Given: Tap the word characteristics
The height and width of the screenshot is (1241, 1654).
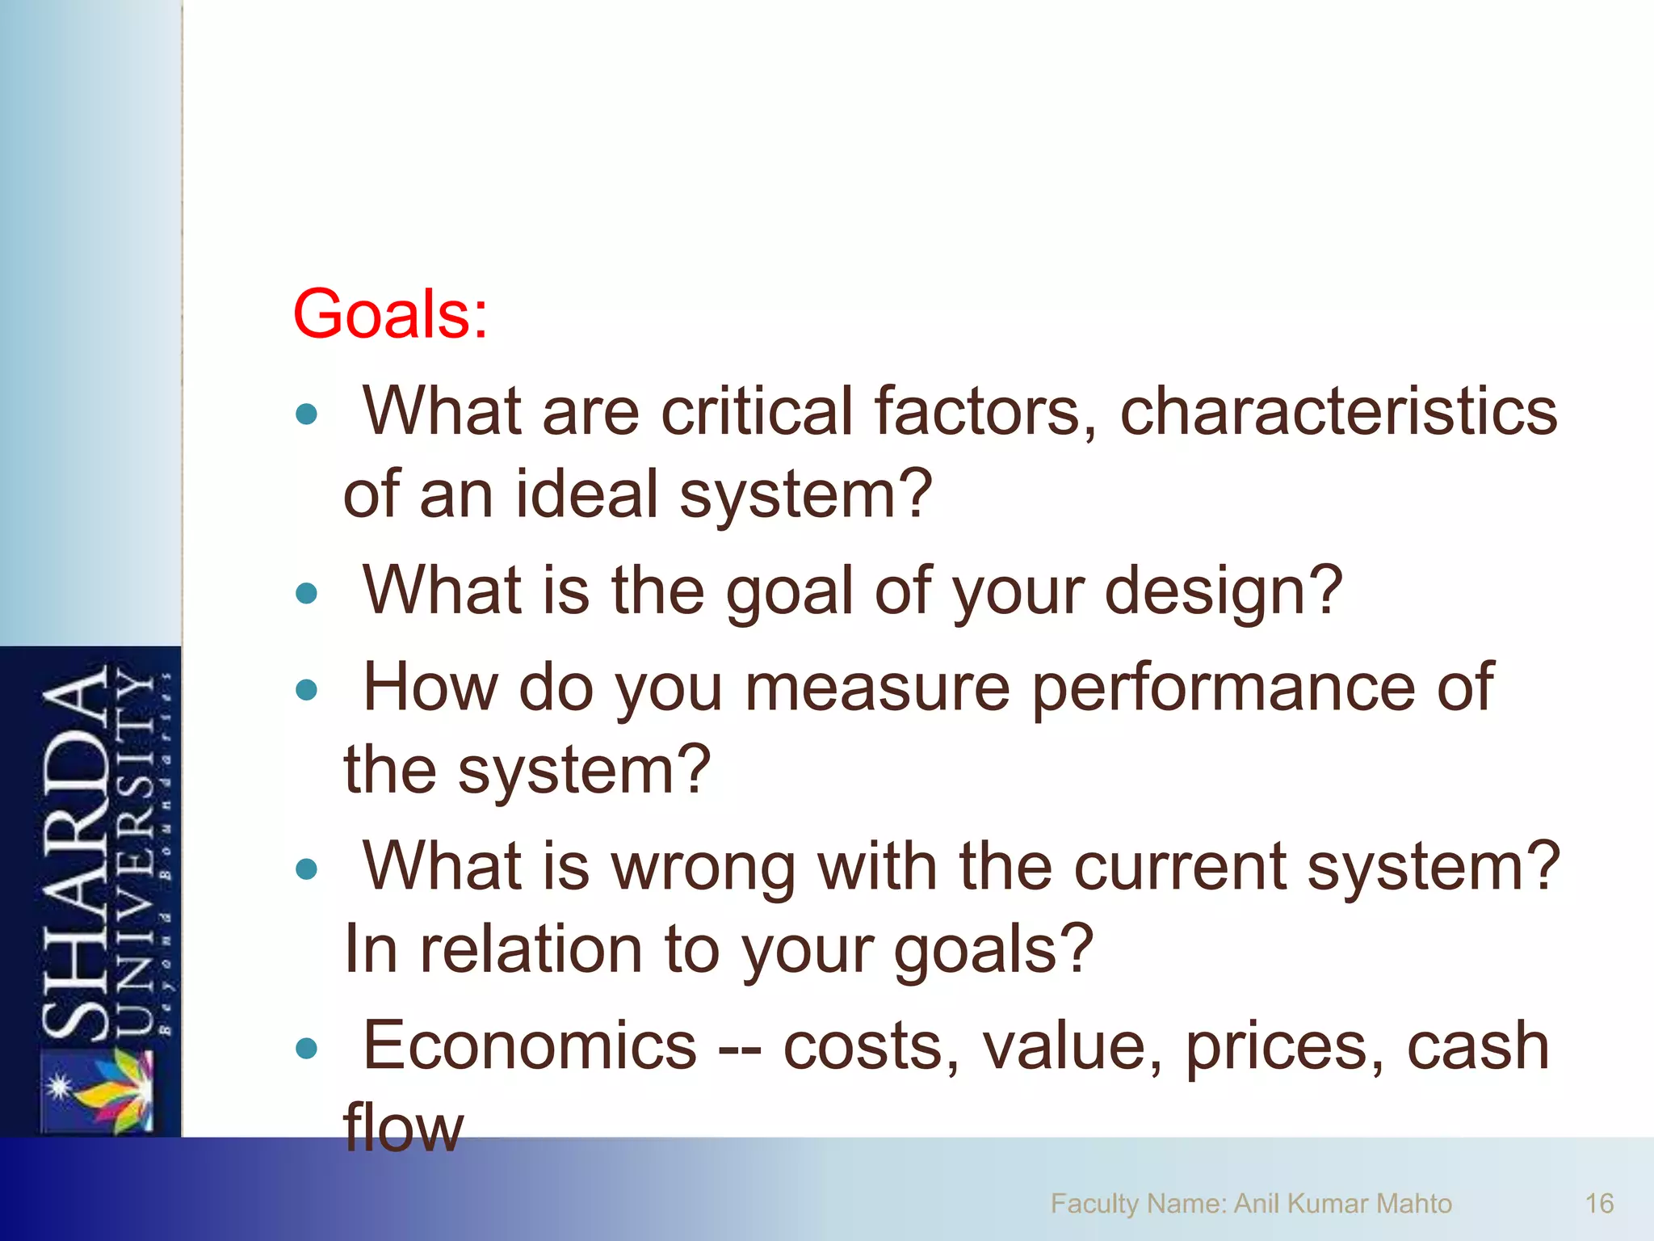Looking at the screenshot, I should tap(1338, 411).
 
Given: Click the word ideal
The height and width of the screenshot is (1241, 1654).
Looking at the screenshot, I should tap(587, 494).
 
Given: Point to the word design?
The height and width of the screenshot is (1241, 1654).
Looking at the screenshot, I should tap(1223, 591).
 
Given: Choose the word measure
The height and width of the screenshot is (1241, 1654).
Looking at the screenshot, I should tap(877, 688).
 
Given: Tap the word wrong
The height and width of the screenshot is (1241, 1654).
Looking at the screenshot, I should tap(703, 867).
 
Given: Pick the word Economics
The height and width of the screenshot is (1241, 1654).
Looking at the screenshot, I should tap(530, 1046).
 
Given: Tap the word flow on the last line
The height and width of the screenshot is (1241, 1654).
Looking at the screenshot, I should tap(403, 1129).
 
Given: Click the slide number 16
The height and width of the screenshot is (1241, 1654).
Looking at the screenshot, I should tap(1598, 1204).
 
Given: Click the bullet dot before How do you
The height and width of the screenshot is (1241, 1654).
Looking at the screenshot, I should tap(307, 691).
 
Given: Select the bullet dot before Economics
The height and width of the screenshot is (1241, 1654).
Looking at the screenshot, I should tap(307, 1049).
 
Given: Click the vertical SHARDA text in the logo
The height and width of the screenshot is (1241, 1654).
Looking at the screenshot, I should tap(75, 852).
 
